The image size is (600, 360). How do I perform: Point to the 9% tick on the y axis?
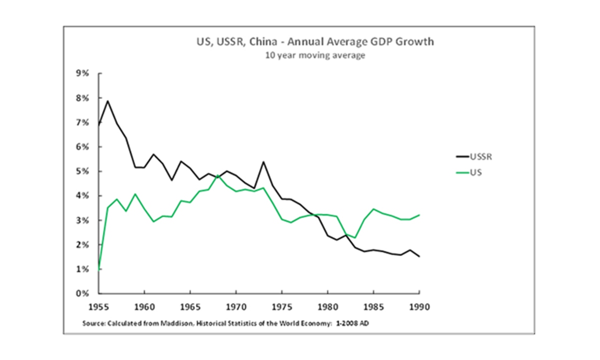82,73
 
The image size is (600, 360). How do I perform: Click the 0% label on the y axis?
82,293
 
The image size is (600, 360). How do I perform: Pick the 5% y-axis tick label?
82,171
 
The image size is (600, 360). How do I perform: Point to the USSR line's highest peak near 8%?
108,101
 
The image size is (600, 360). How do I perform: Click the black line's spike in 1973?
263,162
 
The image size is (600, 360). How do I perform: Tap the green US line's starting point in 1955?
99,269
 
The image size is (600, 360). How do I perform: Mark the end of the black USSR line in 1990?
419,256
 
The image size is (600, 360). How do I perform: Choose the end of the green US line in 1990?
419,215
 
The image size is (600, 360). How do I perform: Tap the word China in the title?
263,42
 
